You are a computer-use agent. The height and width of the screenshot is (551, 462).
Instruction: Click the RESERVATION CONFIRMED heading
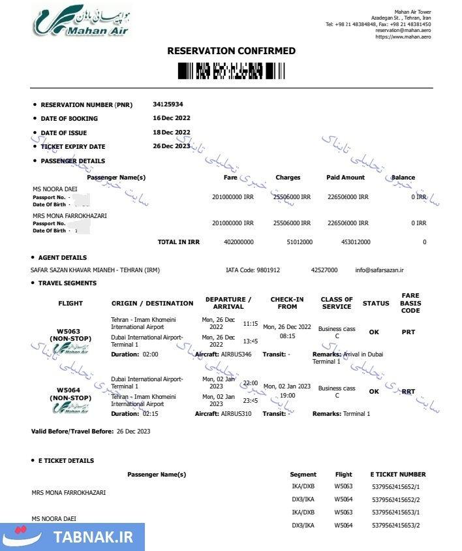[x=231, y=51]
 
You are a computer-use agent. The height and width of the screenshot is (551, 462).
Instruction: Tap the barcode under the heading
[x=231, y=70]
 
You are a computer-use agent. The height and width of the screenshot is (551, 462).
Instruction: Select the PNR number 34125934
[x=168, y=104]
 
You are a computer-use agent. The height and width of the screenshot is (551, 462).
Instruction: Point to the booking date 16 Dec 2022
[x=172, y=118]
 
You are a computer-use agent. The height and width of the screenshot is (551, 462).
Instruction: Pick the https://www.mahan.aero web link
[x=403, y=37]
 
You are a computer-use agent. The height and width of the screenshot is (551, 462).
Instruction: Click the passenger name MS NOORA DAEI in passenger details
[x=52, y=189]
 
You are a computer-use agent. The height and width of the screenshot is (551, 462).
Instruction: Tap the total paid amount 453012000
[x=356, y=242]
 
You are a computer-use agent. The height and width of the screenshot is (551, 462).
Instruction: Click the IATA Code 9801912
[x=267, y=270]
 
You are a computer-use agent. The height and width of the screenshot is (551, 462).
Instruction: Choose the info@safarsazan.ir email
[x=380, y=270]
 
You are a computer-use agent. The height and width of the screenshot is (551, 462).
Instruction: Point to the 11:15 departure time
[x=251, y=323]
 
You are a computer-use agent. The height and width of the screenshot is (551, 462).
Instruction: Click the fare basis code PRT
[x=408, y=332]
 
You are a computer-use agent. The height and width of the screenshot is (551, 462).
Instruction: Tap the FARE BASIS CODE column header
[x=410, y=303]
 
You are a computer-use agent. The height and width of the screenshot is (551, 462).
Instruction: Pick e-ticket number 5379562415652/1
[x=395, y=486]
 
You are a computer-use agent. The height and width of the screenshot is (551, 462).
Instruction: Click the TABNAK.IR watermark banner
[x=72, y=537]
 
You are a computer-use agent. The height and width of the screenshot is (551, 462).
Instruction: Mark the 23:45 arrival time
[x=251, y=401]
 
